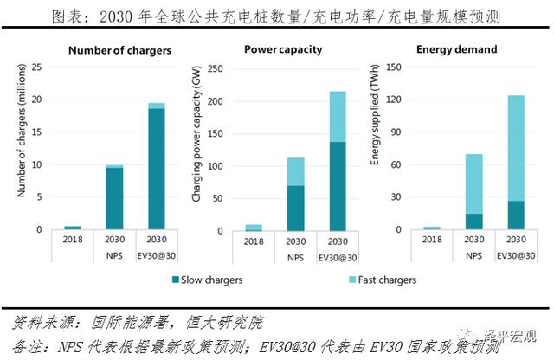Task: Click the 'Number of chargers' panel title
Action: click(119, 49)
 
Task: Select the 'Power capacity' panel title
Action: click(283, 49)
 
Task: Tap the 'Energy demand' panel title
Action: click(460, 49)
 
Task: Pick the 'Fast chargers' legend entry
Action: click(375, 280)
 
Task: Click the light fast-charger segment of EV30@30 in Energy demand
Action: click(510, 148)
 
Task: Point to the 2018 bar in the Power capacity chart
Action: click(254, 227)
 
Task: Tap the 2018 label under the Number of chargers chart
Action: click(73, 239)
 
